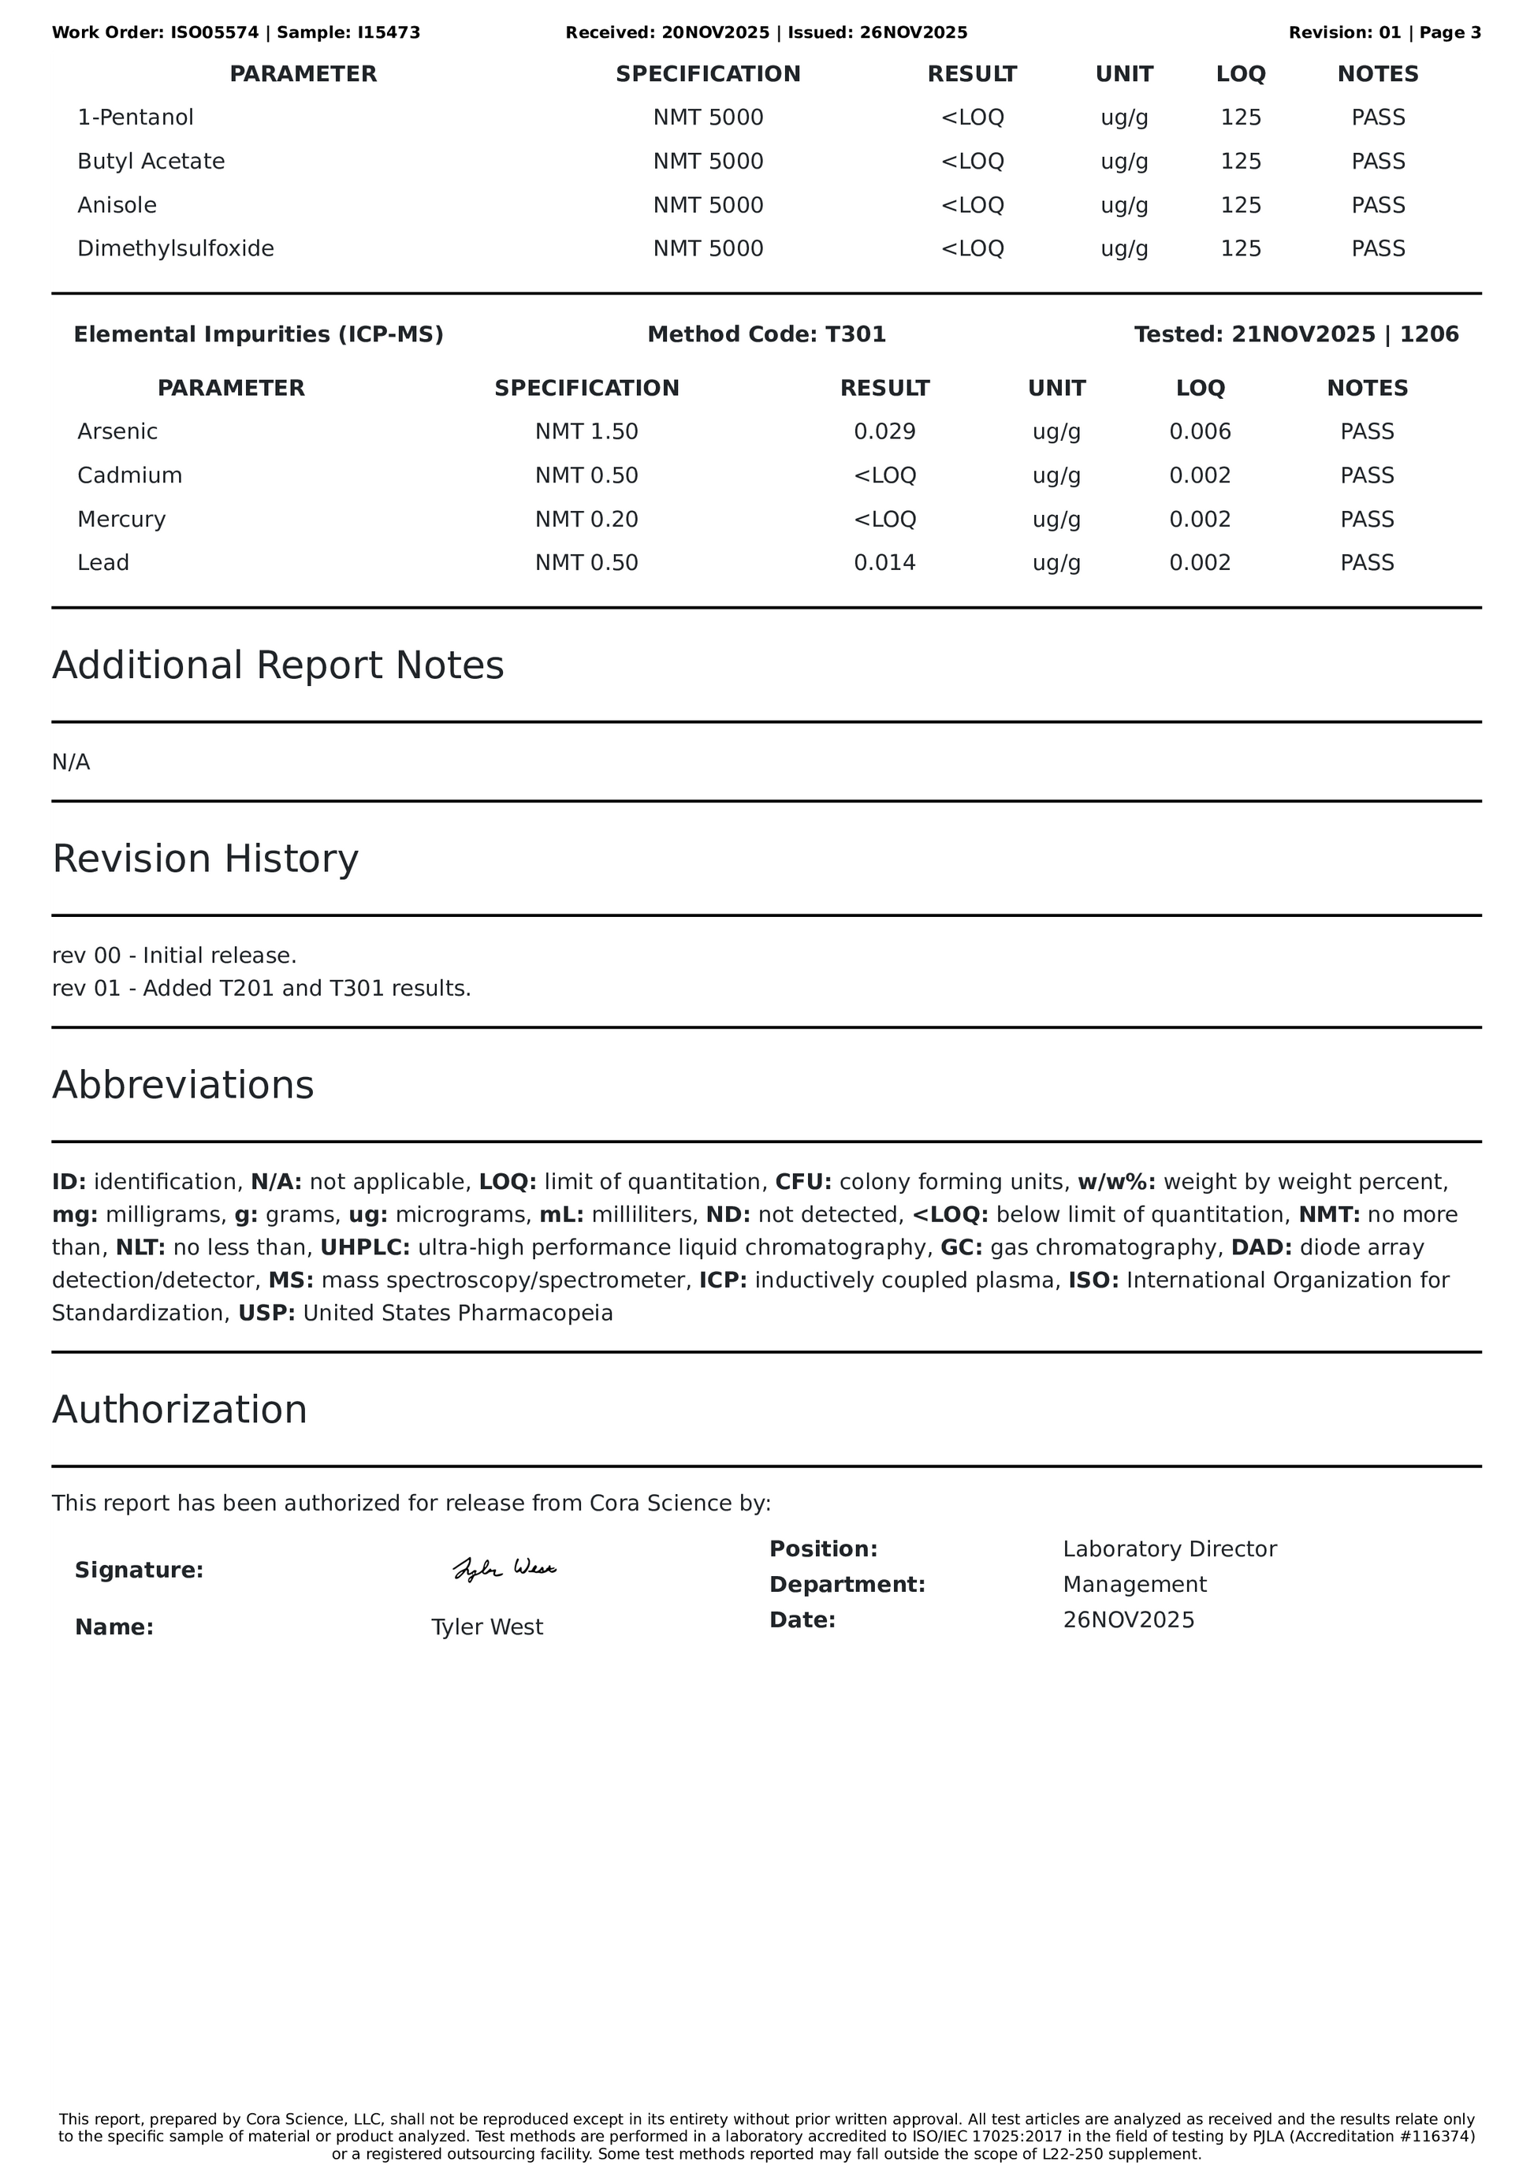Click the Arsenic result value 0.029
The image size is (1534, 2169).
pyautogui.click(x=884, y=432)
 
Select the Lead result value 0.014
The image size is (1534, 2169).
pyautogui.click(x=884, y=563)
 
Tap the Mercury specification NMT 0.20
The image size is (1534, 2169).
pyautogui.click(x=586, y=520)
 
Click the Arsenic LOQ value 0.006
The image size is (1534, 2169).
pyautogui.click(x=1200, y=432)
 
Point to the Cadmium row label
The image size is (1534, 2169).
pyautogui.click(x=129, y=475)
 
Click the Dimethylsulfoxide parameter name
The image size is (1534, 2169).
pyautogui.click(x=176, y=248)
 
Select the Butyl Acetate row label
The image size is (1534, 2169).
pyautogui.click(x=151, y=162)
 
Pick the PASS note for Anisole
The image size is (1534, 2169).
pyautogui.click(x=1377, y=205)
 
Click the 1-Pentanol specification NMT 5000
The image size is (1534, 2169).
pyautogui.click(x=708, y=118)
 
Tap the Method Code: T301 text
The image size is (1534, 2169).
pyautogui.click(x=766, y=334)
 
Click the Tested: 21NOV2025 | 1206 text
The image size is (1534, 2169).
pyautogui.click(x=1296, y=334)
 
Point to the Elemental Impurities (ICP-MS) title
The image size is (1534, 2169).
pyautogui.click(x=258, y=334)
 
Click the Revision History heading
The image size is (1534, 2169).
pyautogui.click(x=205, y=859)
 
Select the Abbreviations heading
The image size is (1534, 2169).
pyautogui.click(x=182, y=1085)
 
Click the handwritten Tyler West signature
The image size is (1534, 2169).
pyautogui.click(x=505, y=1569)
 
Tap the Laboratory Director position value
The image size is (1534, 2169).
pyautogui.click(x=1169, y=1549)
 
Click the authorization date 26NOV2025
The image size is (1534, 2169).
pyautogui.click(x=1128, y=1620)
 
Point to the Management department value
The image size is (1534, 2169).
pyautogui.click(x=1134, y=1584)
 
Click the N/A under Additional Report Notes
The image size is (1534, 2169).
pyautogui.click(x=71, y=762)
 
